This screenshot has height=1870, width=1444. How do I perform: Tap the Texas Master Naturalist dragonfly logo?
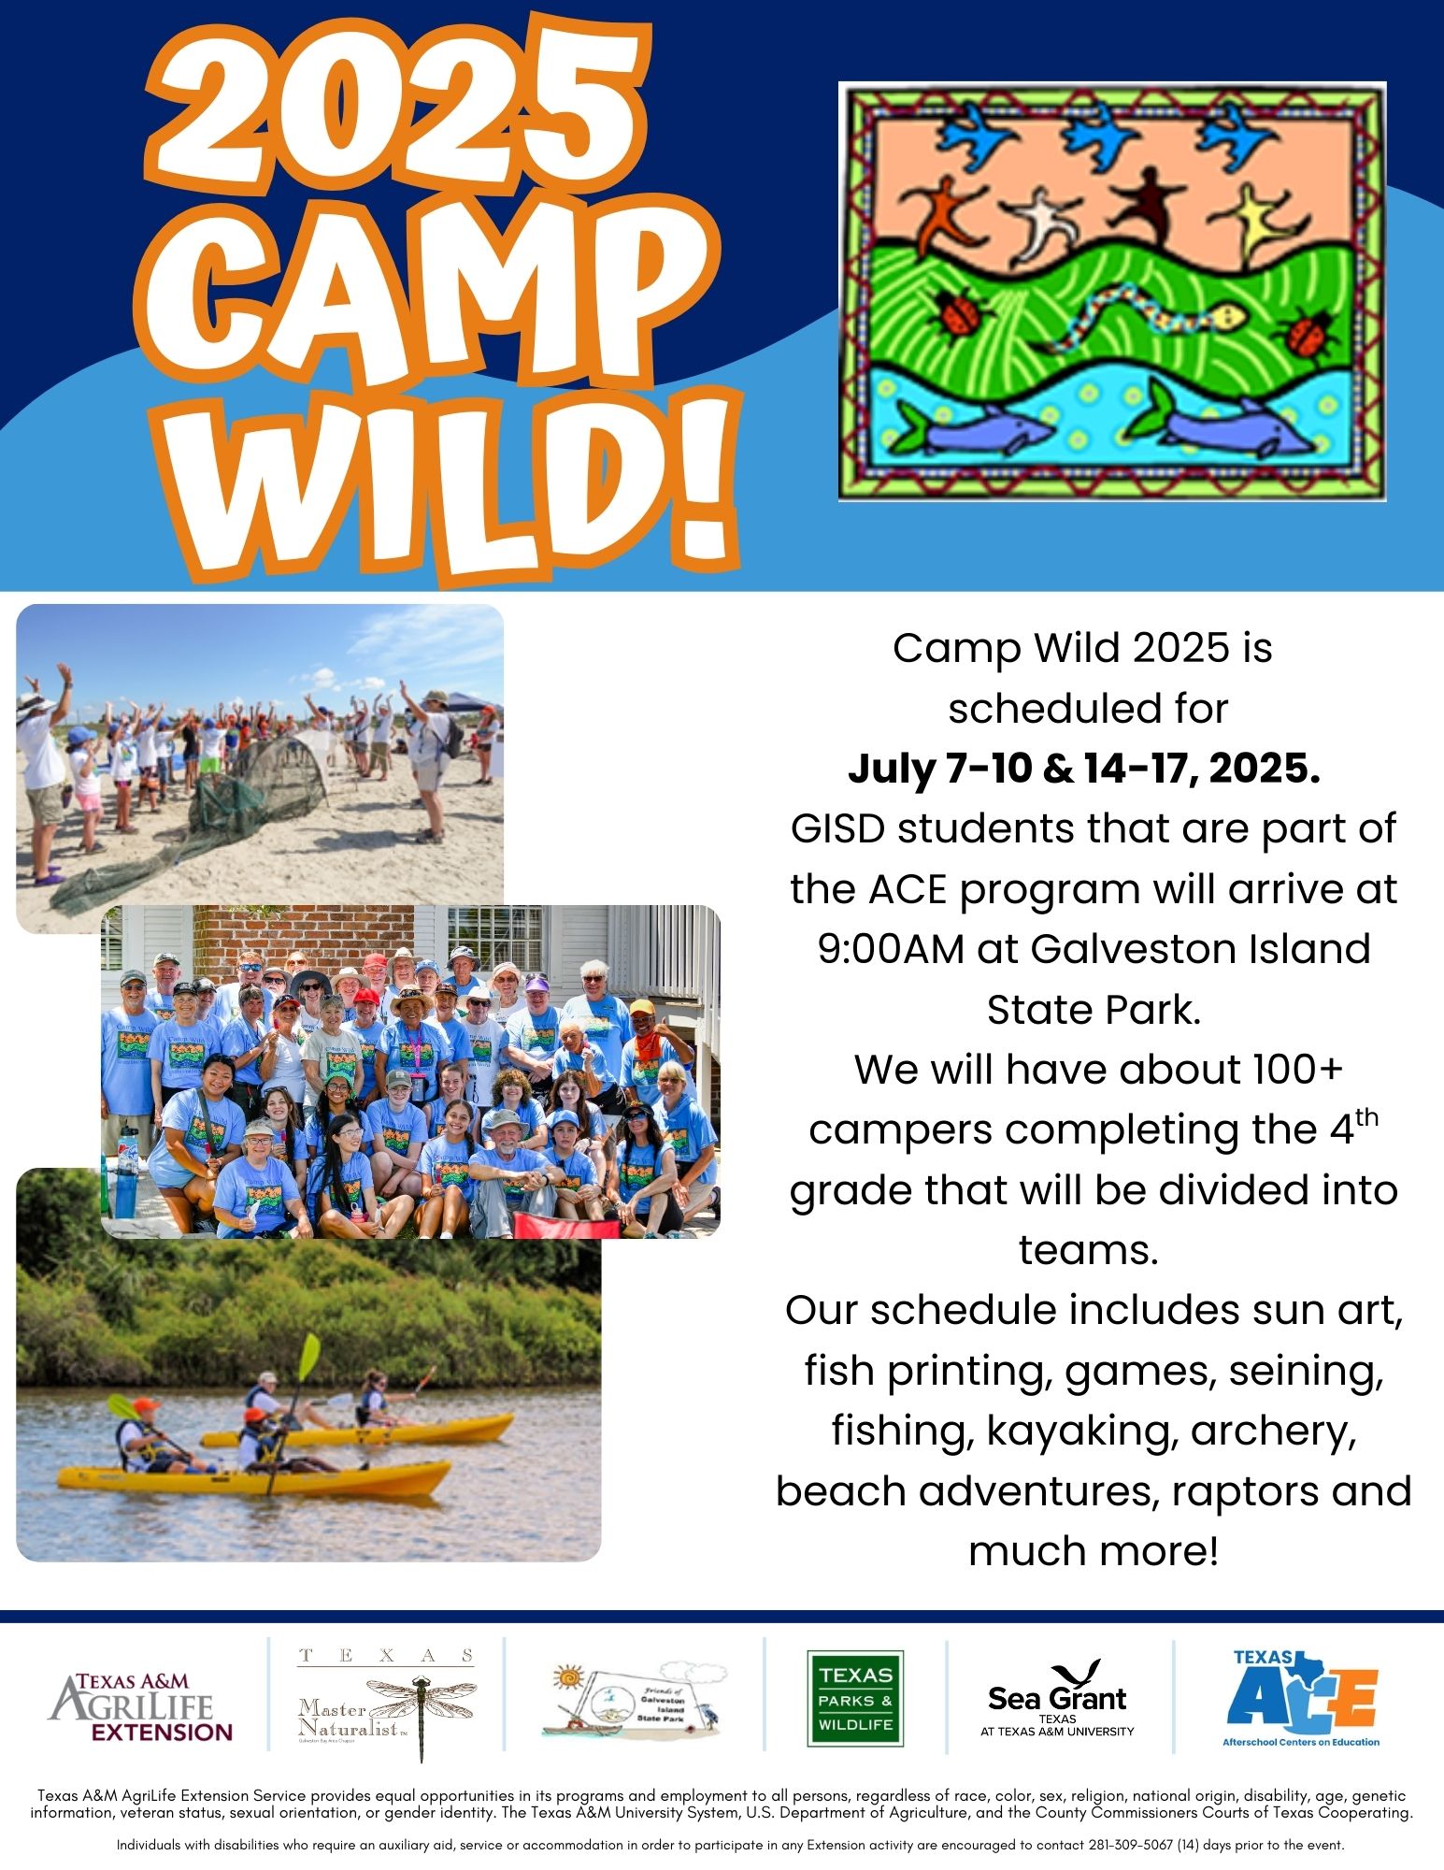pyautogui.click(x=386, y=1706)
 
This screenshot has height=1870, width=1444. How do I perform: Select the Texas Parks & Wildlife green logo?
pyautogui.click(x=855, y=1699)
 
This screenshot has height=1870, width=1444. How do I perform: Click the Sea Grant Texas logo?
pyautogui.click(x=1057, y=1700)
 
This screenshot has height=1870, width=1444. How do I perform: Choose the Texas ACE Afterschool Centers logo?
pyautogui.click(x=1301, y=1698)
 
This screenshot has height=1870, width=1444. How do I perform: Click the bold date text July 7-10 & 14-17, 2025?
pyautogui.click(x=1084, y=769)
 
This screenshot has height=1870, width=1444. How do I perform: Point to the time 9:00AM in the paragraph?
pyautogui.click(x=891, y=949)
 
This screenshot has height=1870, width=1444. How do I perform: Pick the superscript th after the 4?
pyautogui.click(x=1365, y=1117)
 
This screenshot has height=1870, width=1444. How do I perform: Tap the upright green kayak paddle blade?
pyautogui.click(x=309, y=1355)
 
